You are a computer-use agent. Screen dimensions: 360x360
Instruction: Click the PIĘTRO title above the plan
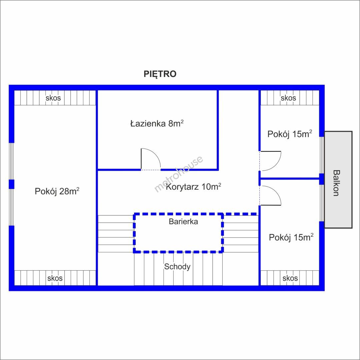click(160, 74)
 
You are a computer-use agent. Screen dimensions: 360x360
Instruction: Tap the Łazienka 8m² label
click(157, 123)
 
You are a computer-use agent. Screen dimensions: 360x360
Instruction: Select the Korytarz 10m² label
click(193, 187)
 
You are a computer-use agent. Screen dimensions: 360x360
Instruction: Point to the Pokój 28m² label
click(57, 191)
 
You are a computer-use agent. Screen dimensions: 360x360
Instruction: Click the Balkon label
click(336, 183)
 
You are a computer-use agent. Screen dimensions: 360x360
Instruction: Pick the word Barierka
click(183, 222)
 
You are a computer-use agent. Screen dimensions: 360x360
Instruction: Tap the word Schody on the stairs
click(177, 267)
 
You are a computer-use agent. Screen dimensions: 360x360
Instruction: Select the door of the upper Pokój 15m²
click(270, 161)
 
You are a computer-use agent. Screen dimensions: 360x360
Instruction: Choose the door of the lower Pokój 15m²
click(270, 195)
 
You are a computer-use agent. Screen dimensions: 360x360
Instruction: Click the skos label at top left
click(53, 98)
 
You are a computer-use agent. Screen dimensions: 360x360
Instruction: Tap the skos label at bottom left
click(55, 278)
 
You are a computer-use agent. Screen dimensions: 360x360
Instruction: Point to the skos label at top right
click(288, 98)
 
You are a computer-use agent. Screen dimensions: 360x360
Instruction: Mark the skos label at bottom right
click(290, 278)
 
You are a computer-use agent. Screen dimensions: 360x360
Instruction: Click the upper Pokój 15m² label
click(290, 134)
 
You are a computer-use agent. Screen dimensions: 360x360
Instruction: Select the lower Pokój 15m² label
click(291, 237)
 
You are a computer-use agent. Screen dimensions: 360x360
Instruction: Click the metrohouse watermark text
click(179, 174)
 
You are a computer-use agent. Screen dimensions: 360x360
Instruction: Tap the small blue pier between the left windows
click(11, 184)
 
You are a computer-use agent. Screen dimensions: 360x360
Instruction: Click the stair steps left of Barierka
click(116, 234)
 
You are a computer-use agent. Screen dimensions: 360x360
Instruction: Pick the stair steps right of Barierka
click(241, 234)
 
